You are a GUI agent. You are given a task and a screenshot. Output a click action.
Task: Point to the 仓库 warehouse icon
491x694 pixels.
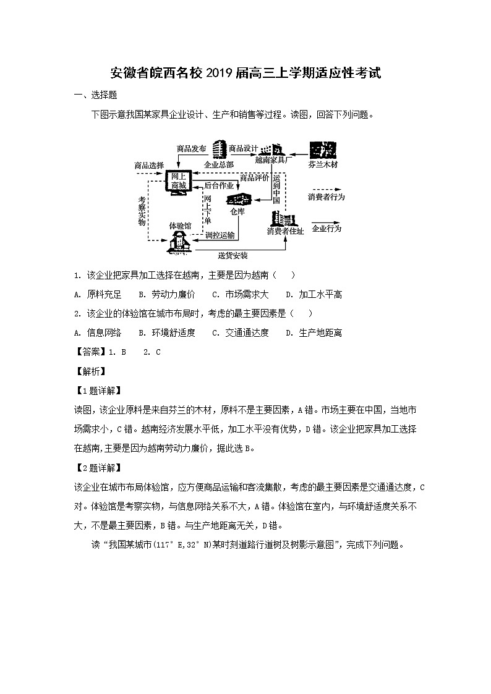coord(237,199)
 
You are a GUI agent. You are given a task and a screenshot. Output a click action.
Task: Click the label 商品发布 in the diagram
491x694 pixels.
coord(190,148)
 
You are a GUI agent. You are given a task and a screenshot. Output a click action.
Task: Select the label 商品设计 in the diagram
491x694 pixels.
coord(242,148)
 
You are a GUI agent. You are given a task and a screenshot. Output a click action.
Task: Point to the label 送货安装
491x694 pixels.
coord(233,255)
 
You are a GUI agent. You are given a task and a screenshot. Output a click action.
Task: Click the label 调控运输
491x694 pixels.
coord(220,235)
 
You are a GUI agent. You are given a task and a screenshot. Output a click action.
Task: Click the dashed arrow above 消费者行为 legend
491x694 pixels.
coord(325,187)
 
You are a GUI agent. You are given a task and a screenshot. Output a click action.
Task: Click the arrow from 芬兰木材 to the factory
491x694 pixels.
coord(296,151)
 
